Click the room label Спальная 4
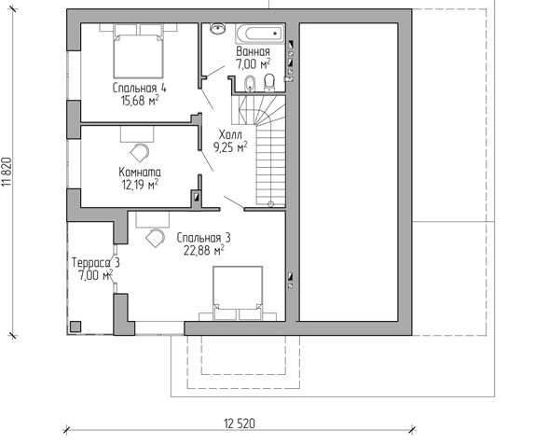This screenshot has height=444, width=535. [140, 88]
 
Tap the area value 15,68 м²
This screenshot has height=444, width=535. [140, 101]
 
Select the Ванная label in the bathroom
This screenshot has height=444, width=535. [253, 51]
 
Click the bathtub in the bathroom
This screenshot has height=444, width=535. [260, 34]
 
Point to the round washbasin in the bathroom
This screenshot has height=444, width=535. [217, 28]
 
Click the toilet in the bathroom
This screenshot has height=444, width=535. [269, 83]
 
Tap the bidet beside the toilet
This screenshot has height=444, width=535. [250, 84]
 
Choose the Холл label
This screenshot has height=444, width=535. [230, 134]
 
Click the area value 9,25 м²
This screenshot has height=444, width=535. [230, 147]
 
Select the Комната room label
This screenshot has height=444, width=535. [140, 172]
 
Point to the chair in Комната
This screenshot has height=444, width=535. [139, 153]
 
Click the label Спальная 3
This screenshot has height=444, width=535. [204, 238]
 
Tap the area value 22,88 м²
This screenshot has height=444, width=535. [204, 250]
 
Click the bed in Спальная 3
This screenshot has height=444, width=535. [238, 293]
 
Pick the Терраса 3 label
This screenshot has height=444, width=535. [96, 263]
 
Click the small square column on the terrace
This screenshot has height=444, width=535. [75, 326]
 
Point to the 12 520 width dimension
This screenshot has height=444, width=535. [240, 423]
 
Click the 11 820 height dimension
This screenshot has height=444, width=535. [7, 172]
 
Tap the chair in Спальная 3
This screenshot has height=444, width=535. [156, 238]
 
